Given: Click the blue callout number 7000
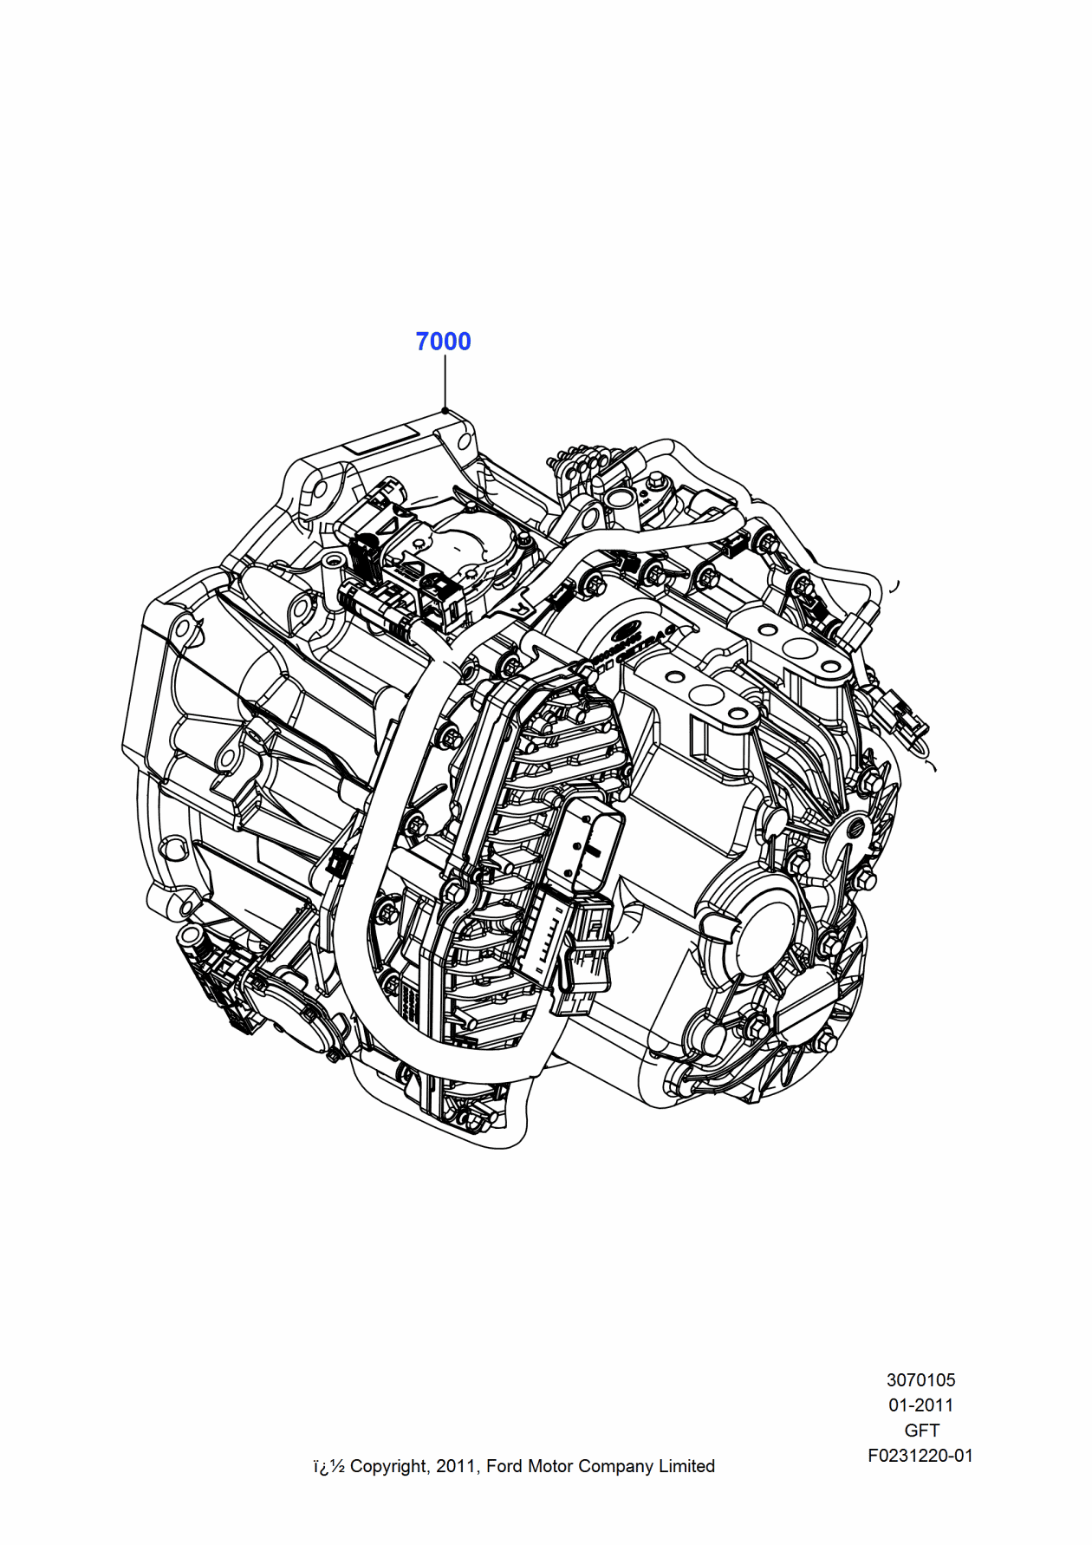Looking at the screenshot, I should tap(443, 342).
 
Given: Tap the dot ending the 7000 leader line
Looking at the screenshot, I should tap(445, 410).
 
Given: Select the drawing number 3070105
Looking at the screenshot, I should tap(920, 1379).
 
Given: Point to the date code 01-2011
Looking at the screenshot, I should tap(920, 1405).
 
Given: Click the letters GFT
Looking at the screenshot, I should tap(921, 1430).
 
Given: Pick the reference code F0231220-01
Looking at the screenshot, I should tap(920, 1456).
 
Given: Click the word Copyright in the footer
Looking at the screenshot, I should tap(389, 1466).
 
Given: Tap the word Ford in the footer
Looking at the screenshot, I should tap(504, 1466).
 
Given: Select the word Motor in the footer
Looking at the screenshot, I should tap(550, 1466).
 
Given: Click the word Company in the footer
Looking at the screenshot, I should tap(615, 1466).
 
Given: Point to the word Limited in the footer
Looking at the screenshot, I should tap(686, 1466).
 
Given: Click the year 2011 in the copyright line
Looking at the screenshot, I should tap(455, 1466).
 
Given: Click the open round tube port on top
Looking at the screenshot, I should tap(621, 499).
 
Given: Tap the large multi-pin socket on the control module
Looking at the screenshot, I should tap(590, 837).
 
